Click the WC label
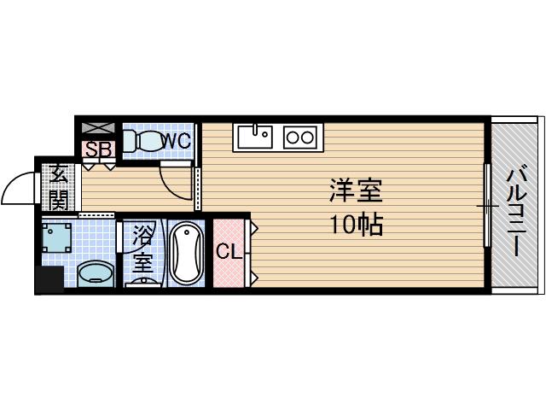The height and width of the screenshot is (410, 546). click(177, 141)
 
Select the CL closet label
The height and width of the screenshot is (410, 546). click(229, 251)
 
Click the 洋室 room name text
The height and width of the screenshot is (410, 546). click(356, 190)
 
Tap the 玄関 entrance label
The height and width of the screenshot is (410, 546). click(58, 187)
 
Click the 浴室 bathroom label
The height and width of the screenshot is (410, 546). click(142, 249)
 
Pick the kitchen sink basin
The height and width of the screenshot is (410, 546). click(255, 137)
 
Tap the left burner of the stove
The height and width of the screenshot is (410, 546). click(293, 137)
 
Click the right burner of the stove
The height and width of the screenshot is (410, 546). click(307, 137)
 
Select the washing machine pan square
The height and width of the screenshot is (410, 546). click(57, 237)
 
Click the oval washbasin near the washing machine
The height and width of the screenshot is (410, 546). click(96, 275)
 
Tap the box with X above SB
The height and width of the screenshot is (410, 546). click(98, 128)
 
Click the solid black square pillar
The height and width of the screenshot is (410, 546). click(49, 279)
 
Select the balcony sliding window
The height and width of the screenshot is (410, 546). click(487, 206)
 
